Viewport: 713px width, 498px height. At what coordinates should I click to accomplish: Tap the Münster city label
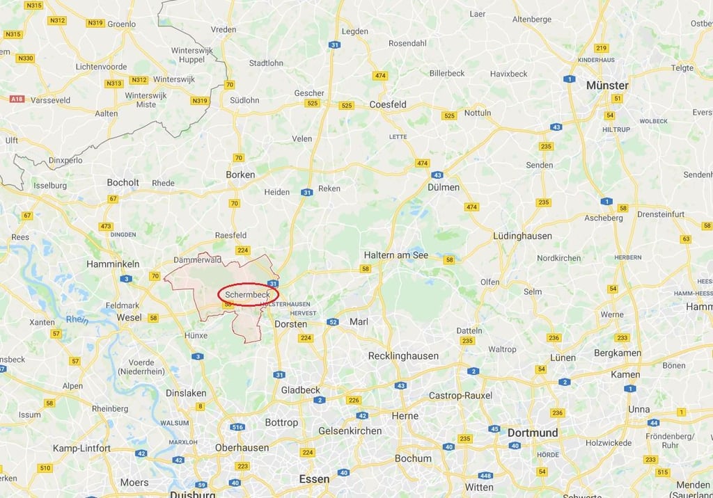[x=607, y=86]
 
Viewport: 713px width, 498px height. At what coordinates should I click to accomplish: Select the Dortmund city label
[x=533, y=433]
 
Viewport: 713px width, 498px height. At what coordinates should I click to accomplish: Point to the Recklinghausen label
[x=403, y=356]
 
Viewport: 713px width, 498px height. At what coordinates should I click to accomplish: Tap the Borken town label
[x=240, y=175]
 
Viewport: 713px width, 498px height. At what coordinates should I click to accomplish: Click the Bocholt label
[x=123, y=182]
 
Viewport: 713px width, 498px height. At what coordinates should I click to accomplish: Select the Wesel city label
[x=130, y=317]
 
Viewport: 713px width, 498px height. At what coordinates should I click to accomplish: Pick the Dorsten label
[x=291, y=324]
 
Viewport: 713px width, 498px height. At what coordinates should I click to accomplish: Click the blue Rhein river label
[x=77, y=319]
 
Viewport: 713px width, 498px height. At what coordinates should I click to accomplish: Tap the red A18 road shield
[x=17, y=99]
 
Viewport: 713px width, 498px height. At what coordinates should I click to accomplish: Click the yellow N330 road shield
[x=25, y=58]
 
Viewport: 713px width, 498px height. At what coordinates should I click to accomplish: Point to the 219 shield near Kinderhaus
[x=602, y=48]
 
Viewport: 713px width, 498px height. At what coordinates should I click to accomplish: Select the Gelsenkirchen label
[x=350, y=431]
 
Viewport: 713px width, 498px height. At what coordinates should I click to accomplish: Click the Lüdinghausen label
[x=522, y=236]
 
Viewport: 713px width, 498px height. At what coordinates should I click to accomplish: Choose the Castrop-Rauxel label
[x=460, y=395]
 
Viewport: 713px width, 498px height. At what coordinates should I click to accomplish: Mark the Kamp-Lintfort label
[x=81, y=448]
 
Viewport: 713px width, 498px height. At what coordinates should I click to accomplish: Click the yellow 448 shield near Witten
[x=485, y=476]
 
